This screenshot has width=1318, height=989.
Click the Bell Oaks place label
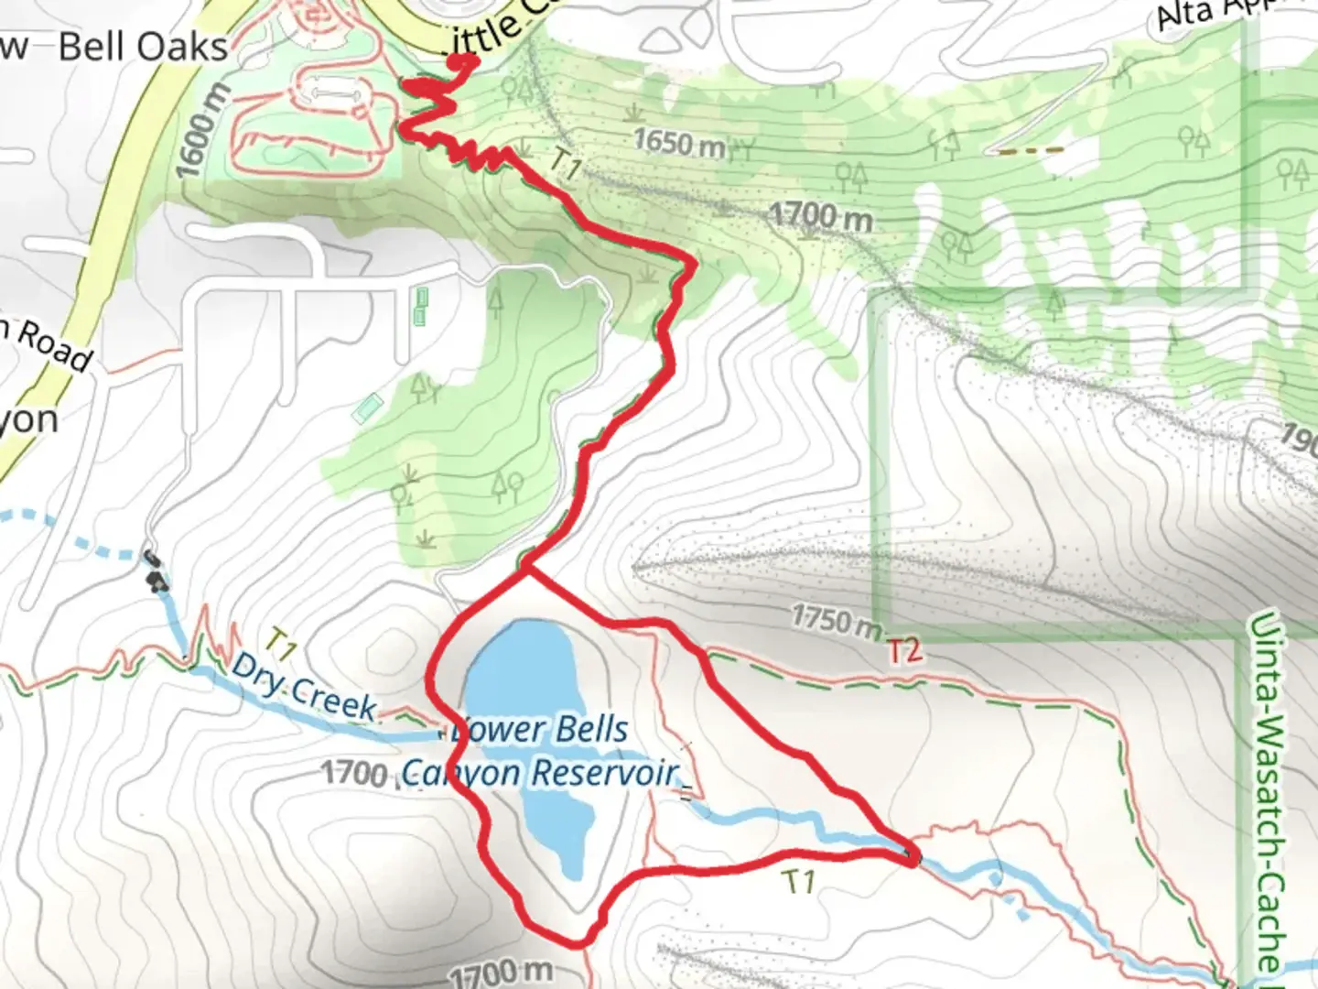pos(143,47)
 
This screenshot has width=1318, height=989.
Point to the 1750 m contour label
pos(836,620)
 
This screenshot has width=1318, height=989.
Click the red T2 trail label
pos(902,650)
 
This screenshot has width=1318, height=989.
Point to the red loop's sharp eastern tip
pos(913,859)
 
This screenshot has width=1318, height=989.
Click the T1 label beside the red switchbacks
pos(566,165)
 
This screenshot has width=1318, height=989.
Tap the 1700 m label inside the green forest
pos(819,216)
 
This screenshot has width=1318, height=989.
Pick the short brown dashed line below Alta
pos(1031,150)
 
